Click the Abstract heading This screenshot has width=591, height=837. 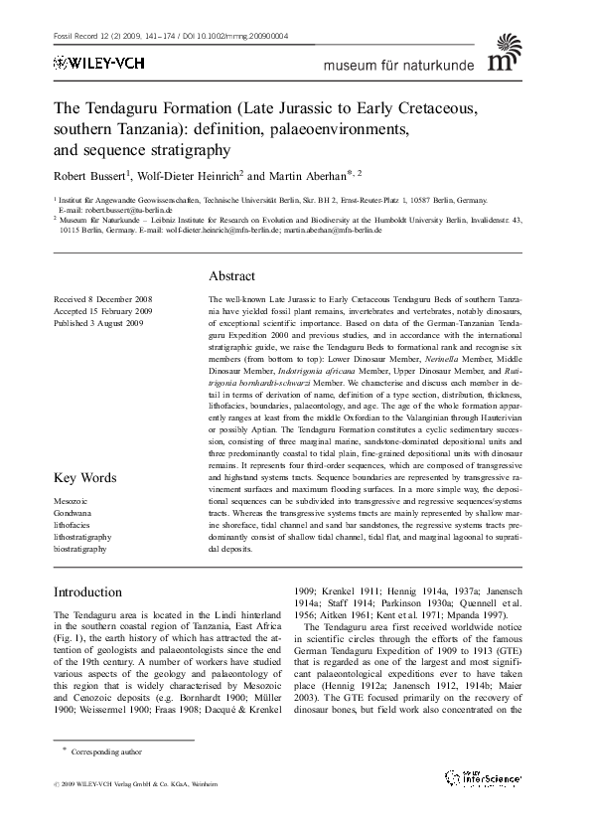click(231, 275)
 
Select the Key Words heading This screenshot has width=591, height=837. click(84, 478)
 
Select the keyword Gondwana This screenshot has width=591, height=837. click(72, 512)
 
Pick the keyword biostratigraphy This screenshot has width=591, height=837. click(81, 547)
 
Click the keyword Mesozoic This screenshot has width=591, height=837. click(71, 501)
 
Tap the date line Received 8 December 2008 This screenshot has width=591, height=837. click(102, 298)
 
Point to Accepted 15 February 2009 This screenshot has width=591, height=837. click(101, 310)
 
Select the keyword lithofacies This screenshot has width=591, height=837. click(74, 524)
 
